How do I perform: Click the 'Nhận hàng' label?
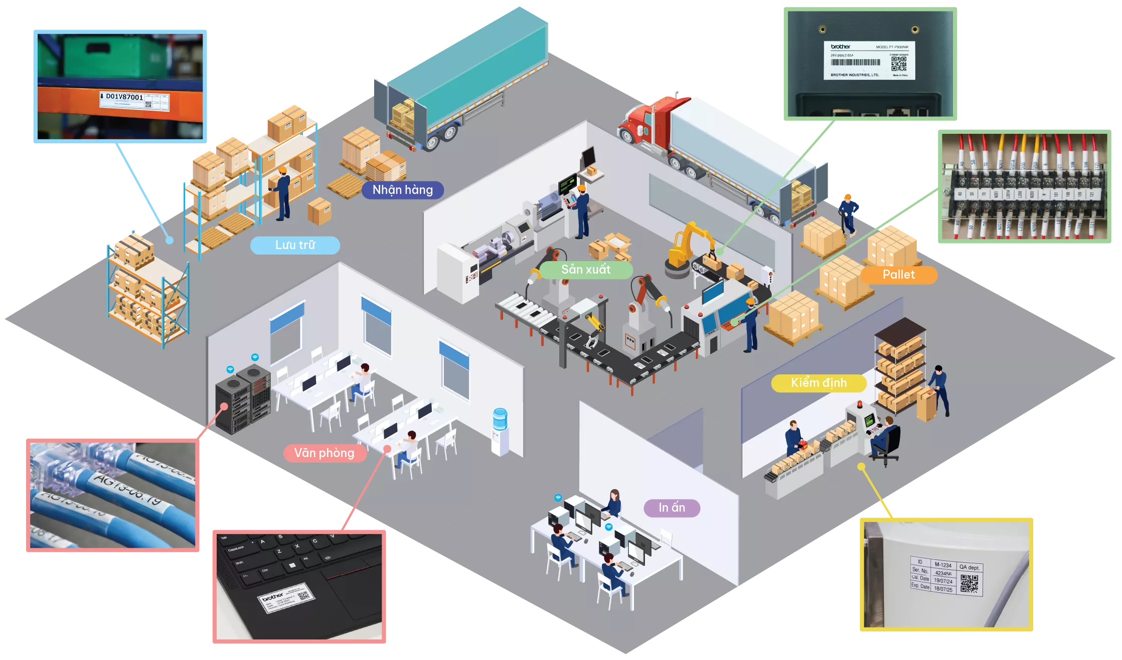402,190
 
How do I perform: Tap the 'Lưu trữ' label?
295,245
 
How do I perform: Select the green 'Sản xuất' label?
585,270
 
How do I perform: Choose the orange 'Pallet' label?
898,275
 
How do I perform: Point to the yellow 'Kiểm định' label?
819,383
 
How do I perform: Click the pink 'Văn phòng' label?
324,453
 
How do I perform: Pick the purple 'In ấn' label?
672,508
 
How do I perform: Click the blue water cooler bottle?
500,418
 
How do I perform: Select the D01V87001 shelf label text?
124,97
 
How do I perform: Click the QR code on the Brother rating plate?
898,64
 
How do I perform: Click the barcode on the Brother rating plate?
855,63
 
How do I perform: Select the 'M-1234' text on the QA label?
943,565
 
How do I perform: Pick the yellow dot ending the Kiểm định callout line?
861,467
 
